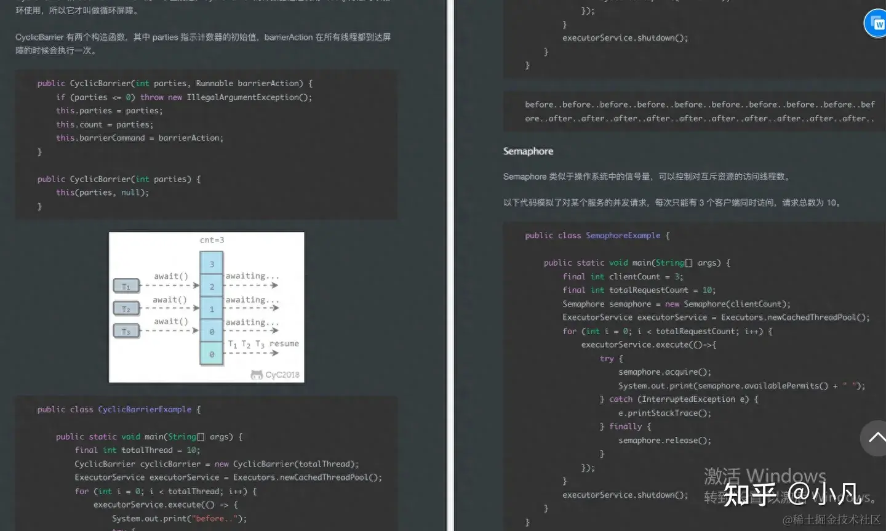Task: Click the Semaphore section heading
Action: [x=528, y=151]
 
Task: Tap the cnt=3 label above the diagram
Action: [x=212, y=240]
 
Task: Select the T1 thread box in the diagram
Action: [x=126, y=286]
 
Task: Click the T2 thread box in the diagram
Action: [x=126, y=309]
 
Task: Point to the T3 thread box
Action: [x=126, y=332]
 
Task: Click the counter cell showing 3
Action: [x=212, y=264]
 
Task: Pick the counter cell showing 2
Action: [x=212, y=287]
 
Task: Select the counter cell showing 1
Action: [x=212, y=309]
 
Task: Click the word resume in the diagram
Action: [x=284, y=343]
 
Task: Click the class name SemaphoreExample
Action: [x=623, y=236]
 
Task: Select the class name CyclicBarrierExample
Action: [x=145, y=410]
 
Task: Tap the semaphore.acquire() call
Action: [x=664, y=372]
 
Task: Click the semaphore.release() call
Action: [x=664, y=441]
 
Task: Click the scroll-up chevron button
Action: [x=876, y=437]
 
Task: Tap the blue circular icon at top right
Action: [x=876, y=24]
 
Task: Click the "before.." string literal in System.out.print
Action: [x=210, y=519]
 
